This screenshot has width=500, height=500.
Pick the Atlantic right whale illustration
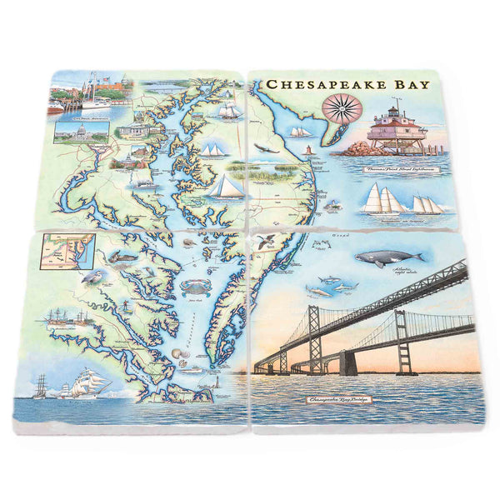coord(385,257)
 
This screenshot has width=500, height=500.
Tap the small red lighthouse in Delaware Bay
coord(308,151)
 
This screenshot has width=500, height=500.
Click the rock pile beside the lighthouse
coord(359,148)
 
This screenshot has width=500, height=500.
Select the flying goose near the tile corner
coord(267,242)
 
